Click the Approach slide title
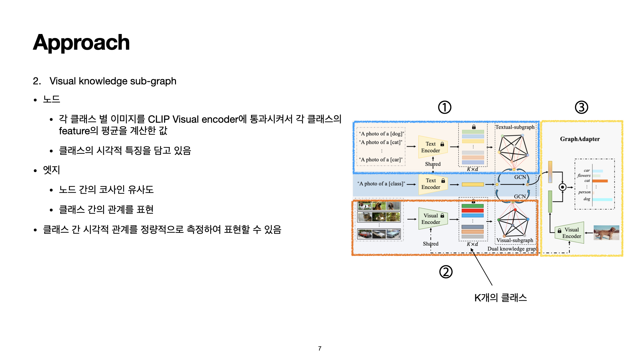click(81, 43)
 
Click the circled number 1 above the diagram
click(444, 107)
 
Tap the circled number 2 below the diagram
click(446, 272)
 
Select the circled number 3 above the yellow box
click(581, 107)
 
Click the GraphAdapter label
click(580, 139)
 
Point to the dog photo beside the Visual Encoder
click(606, 233)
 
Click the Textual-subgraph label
click(515, 127)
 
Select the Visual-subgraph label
click(515, 240)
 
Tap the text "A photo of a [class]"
click(381, 184)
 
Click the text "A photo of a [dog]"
click(381, 134)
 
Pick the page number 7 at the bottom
click(320, 348)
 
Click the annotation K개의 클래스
click(500, 298)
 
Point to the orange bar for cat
click(600, 181)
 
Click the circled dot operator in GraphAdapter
click(563, 187)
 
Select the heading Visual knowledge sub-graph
click(113, 81)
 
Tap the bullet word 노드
click(51, 99)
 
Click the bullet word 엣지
click(51, 170)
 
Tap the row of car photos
click(379, 234)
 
